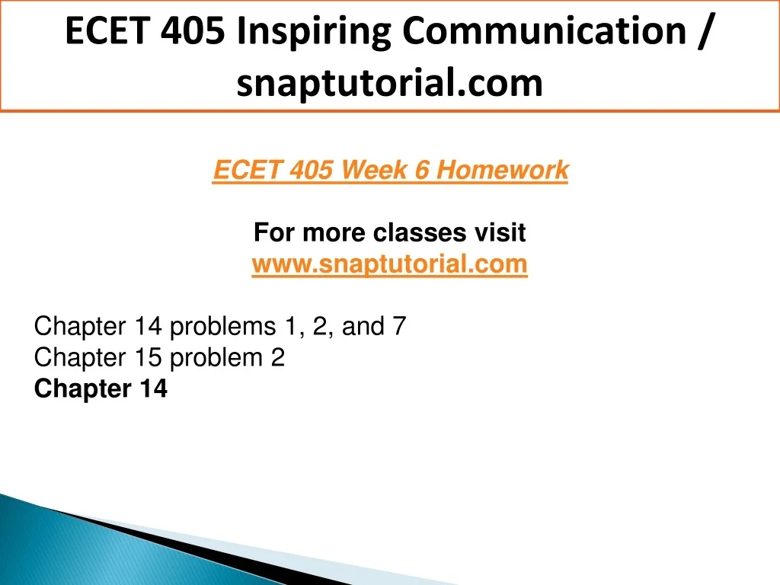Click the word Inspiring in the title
pyautogui.click(x=315, y=32)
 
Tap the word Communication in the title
pyautogui.click(x=544, y=30)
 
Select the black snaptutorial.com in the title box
pyautogui.click(x=389, y=83)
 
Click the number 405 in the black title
pyautogui.click(x=193, y=30)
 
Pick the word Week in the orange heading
pyautogui.click(x=374, y=170)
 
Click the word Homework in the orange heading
pyautogui.click(x=502, y=170)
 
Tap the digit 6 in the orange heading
pyautogui.click(x=422, y=170)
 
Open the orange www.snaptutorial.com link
pyautogui.click(x=389, y=264)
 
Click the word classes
pyautogui.click(x=420, y=232)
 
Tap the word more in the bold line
pyautogui.click(x=334, y=233)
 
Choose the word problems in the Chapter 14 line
pyautogui.click(x=223, y=327)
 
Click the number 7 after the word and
pyautogui.click(x=399, y=326)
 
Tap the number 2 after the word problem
pyautogui.click(x=278, y=358)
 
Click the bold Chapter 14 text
pyautogui.click(x=101, y=388)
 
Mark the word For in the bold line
pyautogui.click(x=274, y=232)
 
